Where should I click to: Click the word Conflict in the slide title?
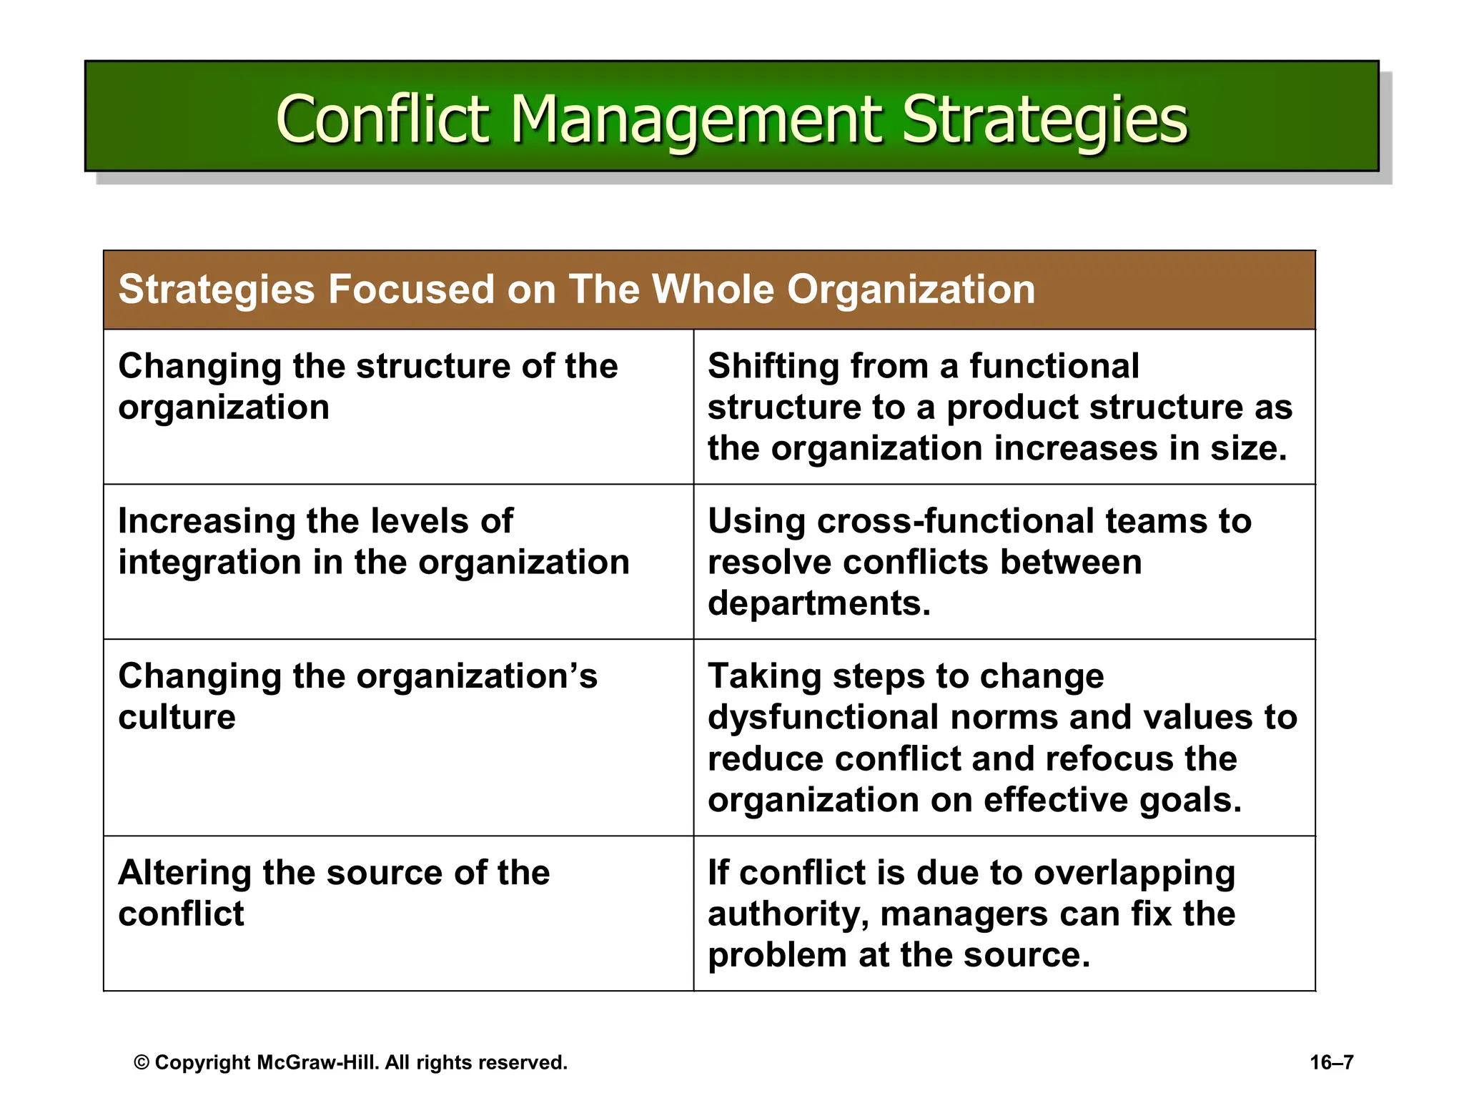click(x=382, y=119)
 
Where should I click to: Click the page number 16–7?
click(x=1331, y=1062)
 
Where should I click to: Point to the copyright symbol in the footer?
click(x=142, y=1063)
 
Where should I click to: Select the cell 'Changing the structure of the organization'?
click(x=367, y=387)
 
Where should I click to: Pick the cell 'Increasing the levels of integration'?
click(x=373, y=542)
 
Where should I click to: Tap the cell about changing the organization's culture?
click(x=357, y=696)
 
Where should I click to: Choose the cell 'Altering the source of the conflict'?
click(x=334, y=893)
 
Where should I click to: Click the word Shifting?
click(x=772, y=367)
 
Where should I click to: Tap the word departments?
click(x=818, y=603)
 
